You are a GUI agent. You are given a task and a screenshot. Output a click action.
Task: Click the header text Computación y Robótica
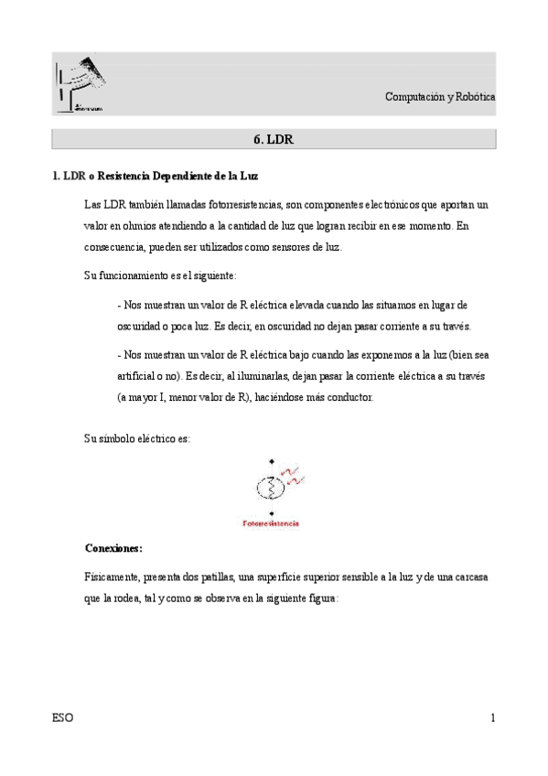pyautogui.click(x=440, y=97)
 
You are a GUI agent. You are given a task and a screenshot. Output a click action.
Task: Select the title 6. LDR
pyautogui.click(x=273, y=139)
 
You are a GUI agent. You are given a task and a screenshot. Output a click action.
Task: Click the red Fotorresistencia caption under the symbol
pyautogui.click(x=271, y=524)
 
